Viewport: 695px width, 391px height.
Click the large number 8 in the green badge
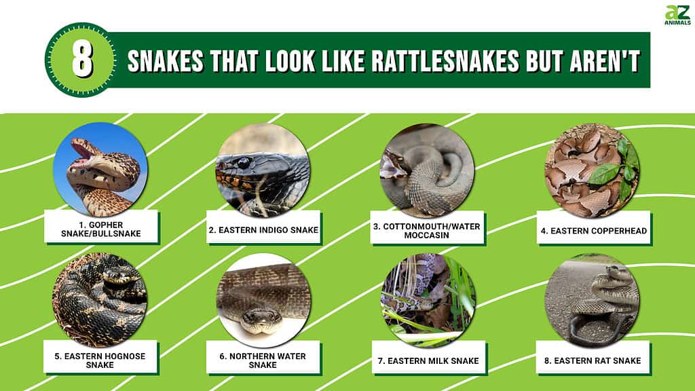pos(82,60)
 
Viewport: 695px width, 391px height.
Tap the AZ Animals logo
pos(677,15)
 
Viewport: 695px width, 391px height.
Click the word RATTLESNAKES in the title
pos(445,60)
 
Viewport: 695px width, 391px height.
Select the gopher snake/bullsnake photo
pos(100,169)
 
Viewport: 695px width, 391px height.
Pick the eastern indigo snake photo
pos(263,170)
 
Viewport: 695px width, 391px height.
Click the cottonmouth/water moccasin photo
pos(427,170)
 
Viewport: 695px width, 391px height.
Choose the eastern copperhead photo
pos(592,170)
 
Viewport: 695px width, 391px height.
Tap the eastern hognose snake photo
pos(100,300)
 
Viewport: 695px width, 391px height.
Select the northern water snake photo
pos(263,301)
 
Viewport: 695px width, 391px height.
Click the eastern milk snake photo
pos(428,301)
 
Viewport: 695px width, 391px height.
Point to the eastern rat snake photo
pos(592,301)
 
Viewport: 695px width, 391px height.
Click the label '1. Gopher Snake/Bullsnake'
pos(101,229)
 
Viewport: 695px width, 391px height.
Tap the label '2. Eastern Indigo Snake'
pos(264,230)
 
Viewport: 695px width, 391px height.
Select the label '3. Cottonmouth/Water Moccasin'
pos(426,231)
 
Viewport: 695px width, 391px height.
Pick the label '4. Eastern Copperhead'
pos(593,231)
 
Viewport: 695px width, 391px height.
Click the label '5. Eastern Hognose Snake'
pos(100,360)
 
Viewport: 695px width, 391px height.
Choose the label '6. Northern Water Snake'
pos(263,360)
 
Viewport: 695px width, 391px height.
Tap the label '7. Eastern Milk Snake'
pos(428,361)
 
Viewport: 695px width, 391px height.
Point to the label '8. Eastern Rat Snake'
pos(593,361)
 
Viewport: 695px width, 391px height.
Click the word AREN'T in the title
pos(605,60)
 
